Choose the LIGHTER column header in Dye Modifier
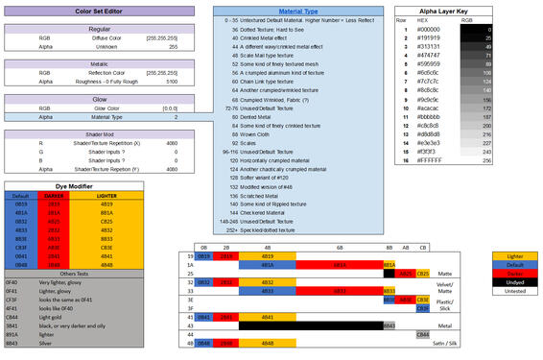(107, 195)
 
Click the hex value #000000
(428, 30)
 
